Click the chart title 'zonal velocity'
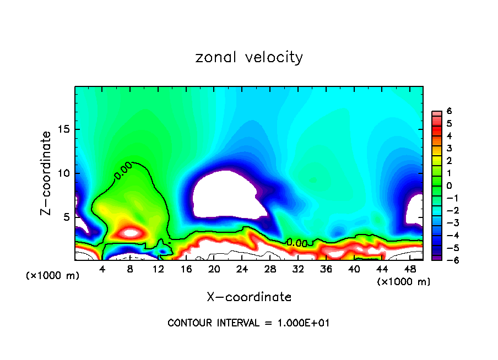coord(249,57)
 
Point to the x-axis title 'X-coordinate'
coord(249,297)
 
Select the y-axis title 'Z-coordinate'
coord(47,173)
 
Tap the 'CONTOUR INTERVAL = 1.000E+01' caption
coord(249,323)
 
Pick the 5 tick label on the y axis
coord(65,217)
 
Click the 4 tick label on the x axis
coord(102,269)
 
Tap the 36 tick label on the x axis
coord(326,269)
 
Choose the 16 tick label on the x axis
coord(186,269)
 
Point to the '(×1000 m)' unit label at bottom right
coord(403,282)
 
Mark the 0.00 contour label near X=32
coord(297,242)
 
